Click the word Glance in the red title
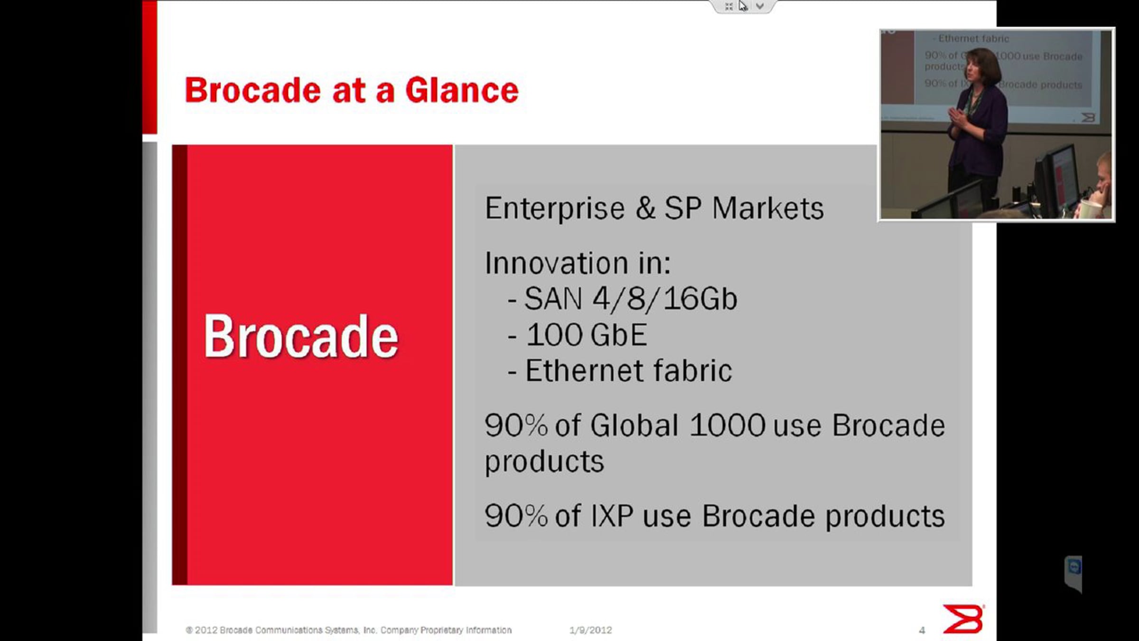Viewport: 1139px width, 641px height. point(462,90)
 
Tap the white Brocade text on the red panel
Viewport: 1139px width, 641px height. point(301,337)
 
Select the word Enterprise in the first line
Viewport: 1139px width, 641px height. point(555,209)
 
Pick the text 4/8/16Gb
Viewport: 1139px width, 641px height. point(664,299)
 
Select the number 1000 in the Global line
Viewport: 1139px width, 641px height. point(727,425)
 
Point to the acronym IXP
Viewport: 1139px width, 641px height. point(612,516)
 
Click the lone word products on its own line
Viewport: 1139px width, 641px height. point(544,462)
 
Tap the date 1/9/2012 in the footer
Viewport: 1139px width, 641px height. point(591,630)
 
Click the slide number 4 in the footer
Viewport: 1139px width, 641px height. point(922,631)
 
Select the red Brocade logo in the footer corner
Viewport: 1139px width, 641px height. point(963,619)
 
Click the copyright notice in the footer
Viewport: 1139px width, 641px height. point(349,630)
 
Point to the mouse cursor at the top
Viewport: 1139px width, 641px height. point(743,6)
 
